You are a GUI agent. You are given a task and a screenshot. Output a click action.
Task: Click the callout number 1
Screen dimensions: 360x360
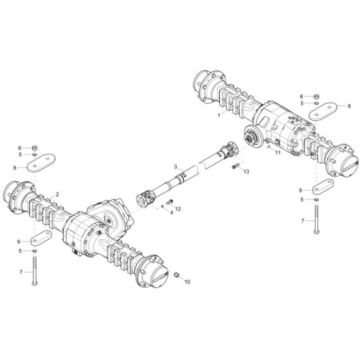[219, 116]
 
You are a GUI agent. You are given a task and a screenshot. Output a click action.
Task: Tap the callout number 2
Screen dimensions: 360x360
[57, 194]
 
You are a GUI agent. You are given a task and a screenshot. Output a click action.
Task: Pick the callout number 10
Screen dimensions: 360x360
[187, 282]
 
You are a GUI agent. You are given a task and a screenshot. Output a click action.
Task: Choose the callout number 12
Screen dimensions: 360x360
[178, 210]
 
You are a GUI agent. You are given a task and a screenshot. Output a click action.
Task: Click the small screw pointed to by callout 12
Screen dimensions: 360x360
[169, 205]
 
